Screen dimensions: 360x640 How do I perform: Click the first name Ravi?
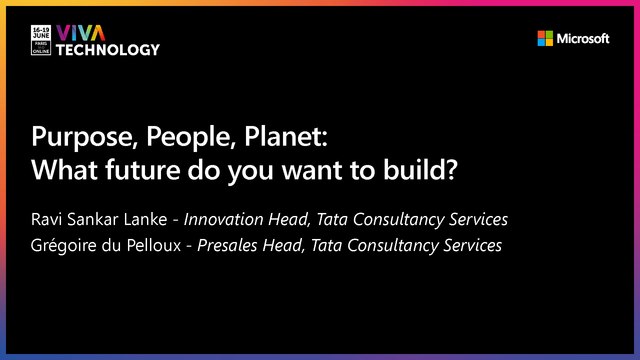click(48, 218)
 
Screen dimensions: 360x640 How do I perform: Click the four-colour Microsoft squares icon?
click(545, 39)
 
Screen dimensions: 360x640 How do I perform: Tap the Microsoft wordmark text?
click(584, 39)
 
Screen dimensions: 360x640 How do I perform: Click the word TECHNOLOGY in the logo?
click(107, 50)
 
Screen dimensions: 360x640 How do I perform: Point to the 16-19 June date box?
click(42, 40)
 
